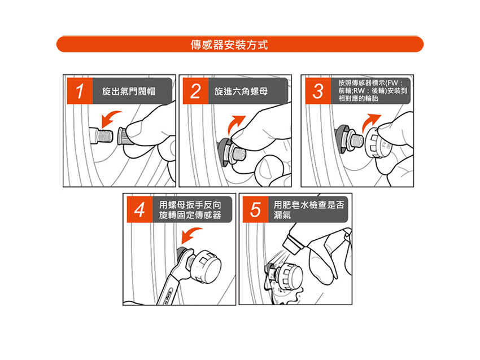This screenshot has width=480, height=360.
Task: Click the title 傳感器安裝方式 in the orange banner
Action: (229, 45)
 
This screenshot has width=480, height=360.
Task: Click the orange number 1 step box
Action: (80, 91)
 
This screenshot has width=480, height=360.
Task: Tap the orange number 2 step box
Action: (195, 91)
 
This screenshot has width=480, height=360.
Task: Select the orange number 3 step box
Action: (318, 91)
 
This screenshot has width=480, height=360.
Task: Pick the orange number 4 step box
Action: (139, 209)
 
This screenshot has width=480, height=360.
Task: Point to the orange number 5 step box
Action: (255, 209)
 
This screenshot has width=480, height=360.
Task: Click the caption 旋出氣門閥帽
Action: (129, 91)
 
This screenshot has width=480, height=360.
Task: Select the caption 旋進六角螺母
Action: (241, 91)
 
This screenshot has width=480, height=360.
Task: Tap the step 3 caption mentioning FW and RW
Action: (373, 90)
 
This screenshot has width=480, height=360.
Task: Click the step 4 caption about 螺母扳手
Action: (190, 210)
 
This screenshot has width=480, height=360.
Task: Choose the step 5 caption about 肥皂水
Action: (308, 210)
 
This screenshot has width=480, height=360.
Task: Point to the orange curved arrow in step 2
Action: (235, 124)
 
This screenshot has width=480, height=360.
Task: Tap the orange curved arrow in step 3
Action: (370, 122)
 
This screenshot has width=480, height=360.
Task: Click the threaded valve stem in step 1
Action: (102, 136)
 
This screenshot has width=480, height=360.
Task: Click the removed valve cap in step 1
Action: (123, 137)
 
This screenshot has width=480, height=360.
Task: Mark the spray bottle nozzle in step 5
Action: (291, 244)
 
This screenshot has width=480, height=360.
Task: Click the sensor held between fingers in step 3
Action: (379, 142)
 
